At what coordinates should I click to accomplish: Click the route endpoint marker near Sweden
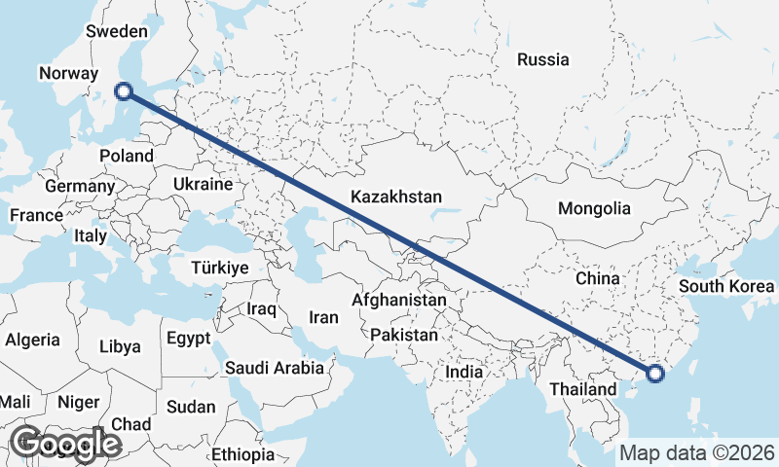click(x=124, y=91)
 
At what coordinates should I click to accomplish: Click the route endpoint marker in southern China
click(x=654, y=372)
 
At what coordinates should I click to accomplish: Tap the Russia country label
click(x=543, y=59)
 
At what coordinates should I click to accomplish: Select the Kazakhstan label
click(x=396, y=197)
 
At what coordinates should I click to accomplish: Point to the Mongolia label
click(x=594, y=208)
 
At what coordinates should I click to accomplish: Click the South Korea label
click(x=726, y=286)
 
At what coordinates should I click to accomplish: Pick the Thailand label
click(x=581, y=389)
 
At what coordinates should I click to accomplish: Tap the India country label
click(x=464, y=372)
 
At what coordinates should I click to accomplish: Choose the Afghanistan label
click(x=399, y=301)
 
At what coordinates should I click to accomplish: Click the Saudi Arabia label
click(x=274, y=368)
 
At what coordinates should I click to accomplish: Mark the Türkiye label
click(x=220, y=267)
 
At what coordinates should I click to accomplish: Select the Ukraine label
click(x=203, y=184)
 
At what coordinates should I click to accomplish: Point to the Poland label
click(x=127, y=156)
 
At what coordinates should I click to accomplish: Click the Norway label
click(x=68, y=73)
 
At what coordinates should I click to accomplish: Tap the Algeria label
click(x=32, y=341)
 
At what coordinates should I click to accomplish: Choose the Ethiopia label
click(x=243, y=454)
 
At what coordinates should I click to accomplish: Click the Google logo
click(x=65, y=444)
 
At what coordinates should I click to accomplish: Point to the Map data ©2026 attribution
click(x=697, y=452)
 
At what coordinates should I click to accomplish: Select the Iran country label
click(x=323, y=317)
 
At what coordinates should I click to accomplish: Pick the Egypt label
click(x=189, y=340)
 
